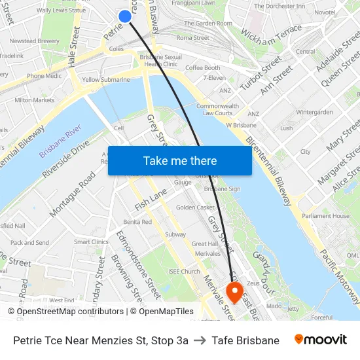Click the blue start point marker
[125, 16]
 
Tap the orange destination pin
[234, 290]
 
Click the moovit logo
[321, 340]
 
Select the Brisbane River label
[60, 141]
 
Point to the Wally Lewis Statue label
[61, 10]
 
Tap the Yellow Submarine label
[105, 80]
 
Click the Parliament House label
[326, 216]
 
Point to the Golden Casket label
[195, 207]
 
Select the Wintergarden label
[314, 112]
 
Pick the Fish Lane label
[151, 198]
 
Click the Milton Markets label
[35, 100]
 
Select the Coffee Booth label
[203, 67]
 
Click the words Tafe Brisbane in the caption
[245, 340]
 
